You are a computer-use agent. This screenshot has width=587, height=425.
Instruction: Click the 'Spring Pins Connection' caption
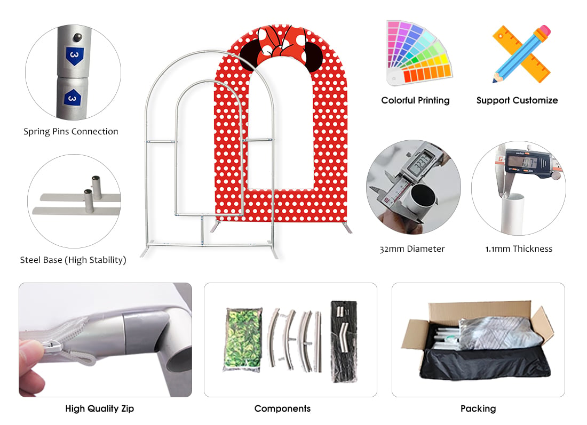click(71, 132)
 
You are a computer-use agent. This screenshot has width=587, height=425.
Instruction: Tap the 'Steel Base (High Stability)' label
click(73, 260)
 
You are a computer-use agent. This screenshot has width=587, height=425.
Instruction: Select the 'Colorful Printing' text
click(415, 100)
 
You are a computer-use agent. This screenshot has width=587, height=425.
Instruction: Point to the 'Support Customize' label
click(517, 100)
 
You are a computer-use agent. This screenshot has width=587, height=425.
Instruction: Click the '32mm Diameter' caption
click(412, 249)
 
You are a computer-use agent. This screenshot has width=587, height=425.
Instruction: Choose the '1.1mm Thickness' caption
click(519, 249)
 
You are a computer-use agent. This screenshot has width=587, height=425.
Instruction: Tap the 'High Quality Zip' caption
click(100, 408)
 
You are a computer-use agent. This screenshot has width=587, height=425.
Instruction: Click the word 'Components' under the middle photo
click(282, 408)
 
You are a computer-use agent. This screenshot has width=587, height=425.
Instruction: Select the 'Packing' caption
click(478, 408)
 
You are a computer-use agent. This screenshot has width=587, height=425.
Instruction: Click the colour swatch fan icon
click(418, 52)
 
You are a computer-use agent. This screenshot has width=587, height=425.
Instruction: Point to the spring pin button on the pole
click(78, 37)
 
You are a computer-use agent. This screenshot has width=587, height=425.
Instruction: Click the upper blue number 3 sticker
click(75, 56)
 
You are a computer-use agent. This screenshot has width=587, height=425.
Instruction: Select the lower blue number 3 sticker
click(73, 98)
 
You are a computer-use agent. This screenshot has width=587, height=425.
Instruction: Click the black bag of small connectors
click(344, 342)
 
